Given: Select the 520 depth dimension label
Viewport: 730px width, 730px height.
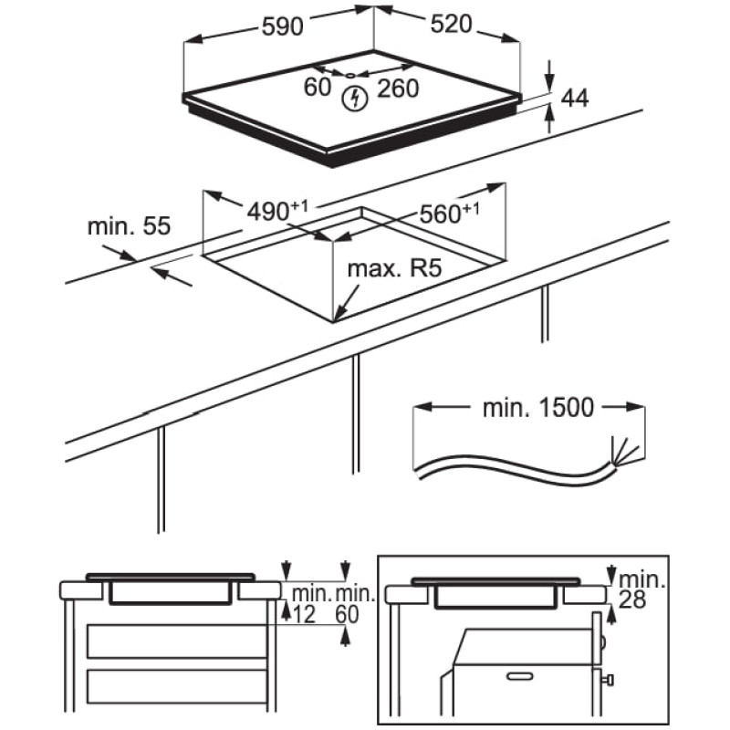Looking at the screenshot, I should (x=447, y=25).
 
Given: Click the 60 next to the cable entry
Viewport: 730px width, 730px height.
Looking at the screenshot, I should (x=317, y=87).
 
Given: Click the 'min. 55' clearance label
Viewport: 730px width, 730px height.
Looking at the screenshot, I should (x=130, y=226).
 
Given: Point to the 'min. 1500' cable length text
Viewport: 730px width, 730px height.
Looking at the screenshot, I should (x=538, y=407).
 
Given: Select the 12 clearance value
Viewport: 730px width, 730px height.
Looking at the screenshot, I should (x=305, y=616).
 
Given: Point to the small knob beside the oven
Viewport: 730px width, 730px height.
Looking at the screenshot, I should (x=609, y=679).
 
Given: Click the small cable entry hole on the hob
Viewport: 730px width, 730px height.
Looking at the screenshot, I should (x=350, y=73).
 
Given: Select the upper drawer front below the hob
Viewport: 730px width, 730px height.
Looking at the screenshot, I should (x=179, y=641).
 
